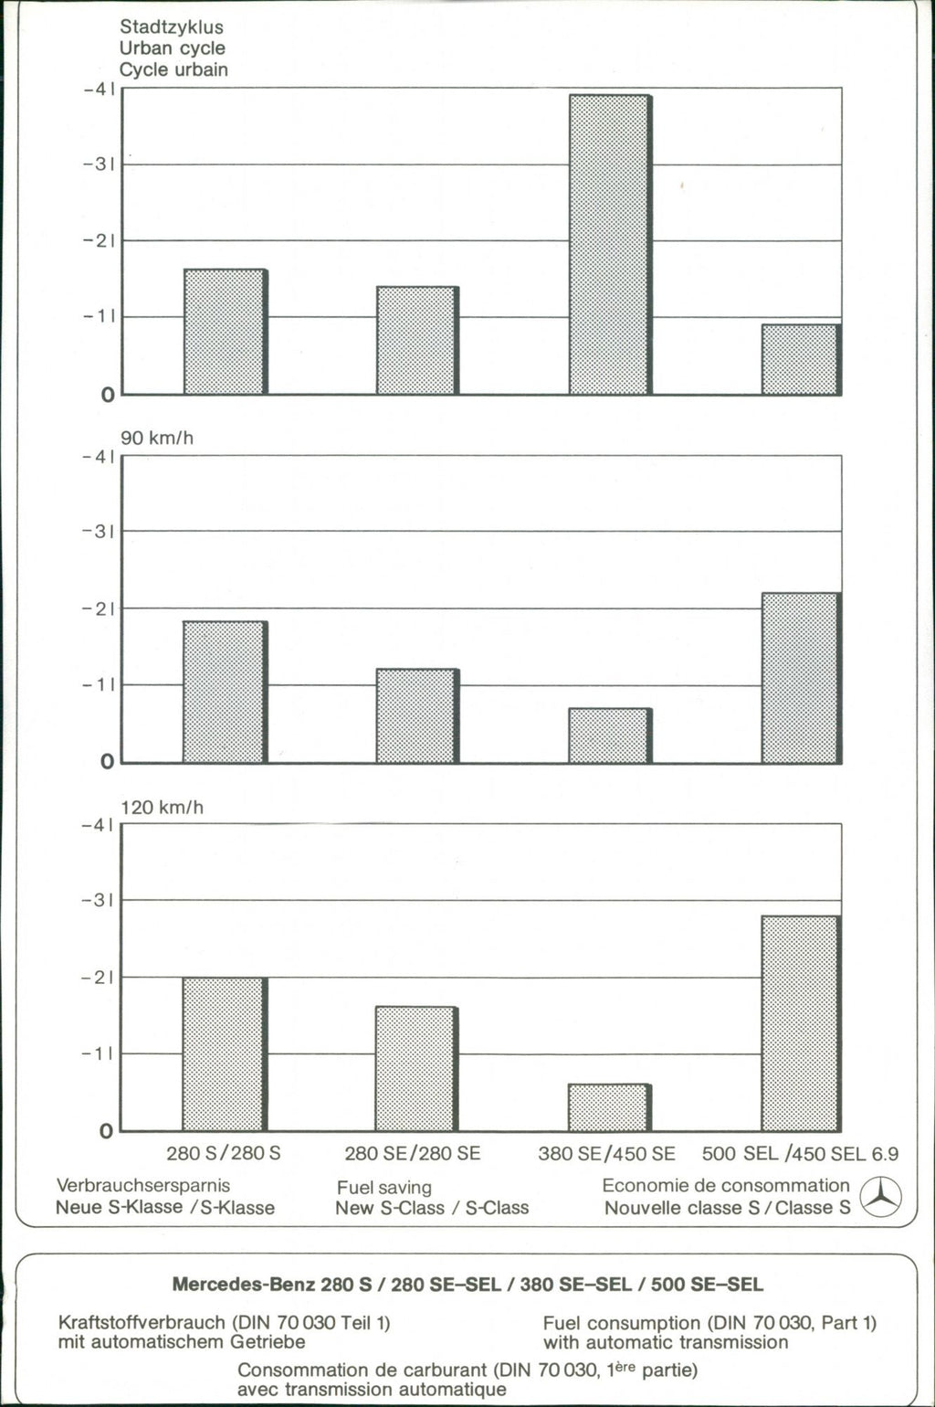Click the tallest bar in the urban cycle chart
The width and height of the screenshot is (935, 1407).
(609, 244)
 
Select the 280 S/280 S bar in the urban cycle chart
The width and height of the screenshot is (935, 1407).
(225, 332)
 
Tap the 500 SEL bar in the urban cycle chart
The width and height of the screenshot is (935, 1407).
(800, 359)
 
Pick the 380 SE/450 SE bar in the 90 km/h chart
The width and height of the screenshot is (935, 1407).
(609, 735)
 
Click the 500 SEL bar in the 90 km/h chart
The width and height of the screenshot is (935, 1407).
(800, 678)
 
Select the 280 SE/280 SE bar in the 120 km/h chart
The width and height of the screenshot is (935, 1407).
(416, 1069)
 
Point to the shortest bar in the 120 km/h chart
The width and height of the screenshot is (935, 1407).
(609, 1107)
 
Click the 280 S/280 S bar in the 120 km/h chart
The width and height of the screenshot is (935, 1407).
(225, 1054)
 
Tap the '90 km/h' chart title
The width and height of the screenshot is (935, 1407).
(157, 439)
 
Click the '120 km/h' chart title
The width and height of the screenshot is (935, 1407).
(162, 808)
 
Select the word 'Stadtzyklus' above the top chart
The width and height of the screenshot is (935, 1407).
(172, 27)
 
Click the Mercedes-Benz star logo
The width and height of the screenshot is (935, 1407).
(881, 1197)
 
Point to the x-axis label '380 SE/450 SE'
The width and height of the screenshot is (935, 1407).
(606, 1154)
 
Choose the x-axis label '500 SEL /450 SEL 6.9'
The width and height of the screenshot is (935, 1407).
(800, 1154)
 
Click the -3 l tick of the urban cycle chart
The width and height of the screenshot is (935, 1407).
(97, 165)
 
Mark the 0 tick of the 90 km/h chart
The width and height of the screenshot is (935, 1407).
(108, 762)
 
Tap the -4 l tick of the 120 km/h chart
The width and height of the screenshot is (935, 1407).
(97, 826)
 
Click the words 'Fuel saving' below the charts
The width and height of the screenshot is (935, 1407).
(383, 1188)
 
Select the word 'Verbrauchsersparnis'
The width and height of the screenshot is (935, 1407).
(142, 1186)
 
